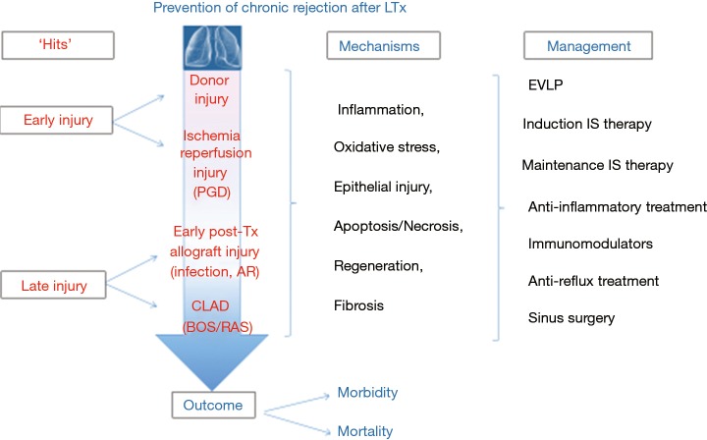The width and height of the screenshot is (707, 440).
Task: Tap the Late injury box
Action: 57,286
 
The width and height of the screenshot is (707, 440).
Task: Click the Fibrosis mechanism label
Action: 358,305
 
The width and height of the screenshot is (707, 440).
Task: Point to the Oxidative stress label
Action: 388,146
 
